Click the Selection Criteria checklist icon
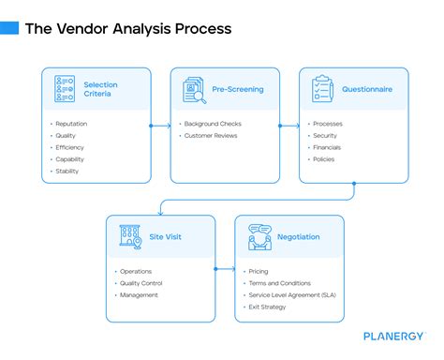pos(65,90)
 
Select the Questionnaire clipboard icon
pos(322,90)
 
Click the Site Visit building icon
pos(129,236)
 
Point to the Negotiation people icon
pos(259,237)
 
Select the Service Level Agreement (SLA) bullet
pos(293,294)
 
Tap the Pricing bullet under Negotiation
pos(259,272)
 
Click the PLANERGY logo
pos(393,335)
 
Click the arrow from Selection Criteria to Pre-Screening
pos(160,125)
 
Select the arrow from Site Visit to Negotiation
pos(225,270)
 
